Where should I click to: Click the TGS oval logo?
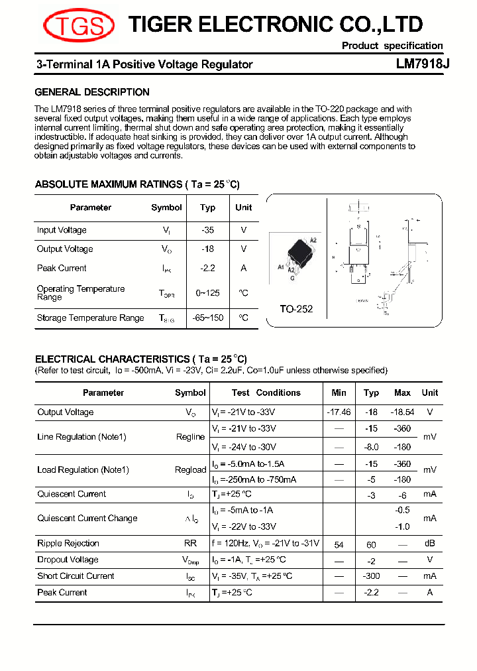click(78, 26)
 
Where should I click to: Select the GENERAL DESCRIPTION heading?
click(92, 92)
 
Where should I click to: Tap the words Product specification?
click(392, 46)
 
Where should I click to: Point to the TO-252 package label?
click(295, 309)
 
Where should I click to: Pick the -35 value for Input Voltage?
click(207, 230)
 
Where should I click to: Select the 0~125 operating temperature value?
click(207, 293)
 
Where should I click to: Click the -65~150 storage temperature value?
click(207, 318)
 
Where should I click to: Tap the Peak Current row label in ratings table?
click(62, 269)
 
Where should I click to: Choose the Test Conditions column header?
click(266, 393)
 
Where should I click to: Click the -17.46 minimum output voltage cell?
click(339, 412)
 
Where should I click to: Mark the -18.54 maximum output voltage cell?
click(402, 412)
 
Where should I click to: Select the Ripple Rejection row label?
click(68, 544)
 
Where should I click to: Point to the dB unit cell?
click(430, 544)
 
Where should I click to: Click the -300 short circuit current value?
click(371, 576)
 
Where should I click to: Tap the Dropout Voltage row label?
click(68, 560)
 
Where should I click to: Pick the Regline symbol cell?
click(190, 437)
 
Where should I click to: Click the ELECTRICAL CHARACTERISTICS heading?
click(140, 359)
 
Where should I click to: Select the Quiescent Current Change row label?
click(87, 518)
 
